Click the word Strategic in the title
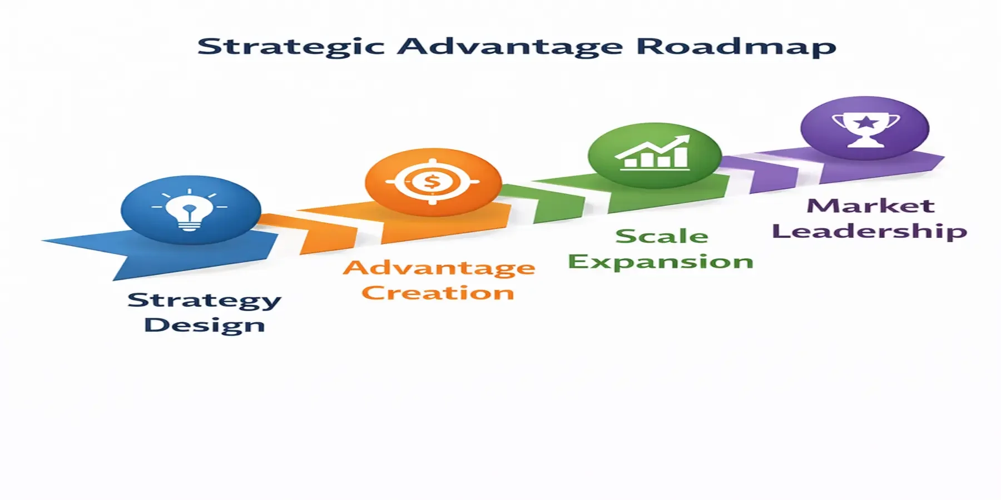pyautogui.click(x=291, y=47)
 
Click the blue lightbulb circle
pyautogui.click(x=190, y=210)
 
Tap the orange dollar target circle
pyautogui.click(x=433, y=182)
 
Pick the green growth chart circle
pyautogui.click(x=654, y=155)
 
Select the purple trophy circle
pyautogui.click(x=865, y=128)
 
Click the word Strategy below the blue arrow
pyautogui.click(x=204, y=301)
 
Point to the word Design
pyautogui.click(x=204, y=326)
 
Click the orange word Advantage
pyautogui.click(x=439, y=269)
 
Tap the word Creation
pyautogui.click(x=438, y=293)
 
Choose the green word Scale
pyautogui.click(x=662, y=236)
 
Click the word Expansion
pyautogui.click(x=660, y=262)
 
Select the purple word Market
pyautogui.click(x=870, y=206)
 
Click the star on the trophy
pyautogui.click(x=865, y=122)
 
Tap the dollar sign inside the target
pyautogui.click(x=432, y=182)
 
